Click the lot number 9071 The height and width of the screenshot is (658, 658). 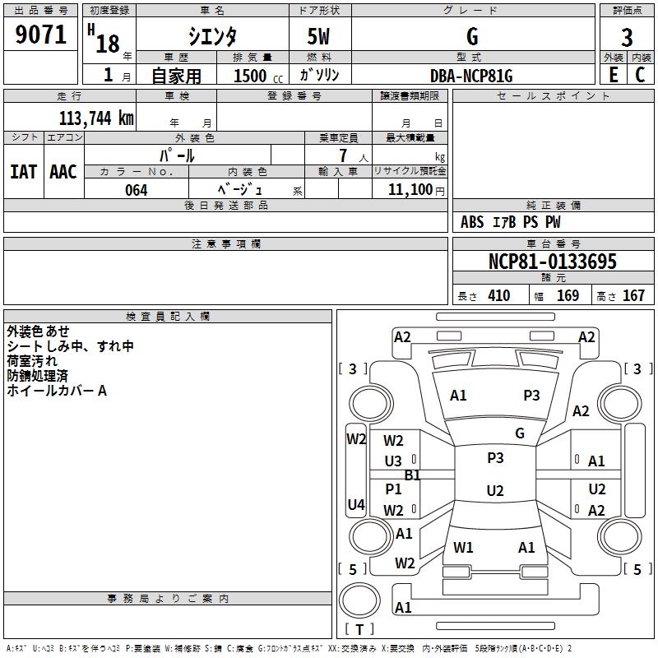40,35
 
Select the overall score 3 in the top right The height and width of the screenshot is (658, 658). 627,38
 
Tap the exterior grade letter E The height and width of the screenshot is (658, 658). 614,75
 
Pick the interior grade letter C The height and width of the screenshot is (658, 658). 640,75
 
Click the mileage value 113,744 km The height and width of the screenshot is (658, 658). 96,118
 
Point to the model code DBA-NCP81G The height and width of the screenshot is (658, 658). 471,76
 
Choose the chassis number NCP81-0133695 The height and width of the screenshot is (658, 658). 553,262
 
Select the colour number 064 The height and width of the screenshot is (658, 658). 137,190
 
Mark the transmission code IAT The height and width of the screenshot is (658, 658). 24,172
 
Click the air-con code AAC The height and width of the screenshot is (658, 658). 63,172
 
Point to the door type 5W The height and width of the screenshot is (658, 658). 318,36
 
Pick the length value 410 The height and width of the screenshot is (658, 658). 499,296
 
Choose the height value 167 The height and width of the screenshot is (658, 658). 633,296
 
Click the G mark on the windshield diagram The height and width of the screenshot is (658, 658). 520,433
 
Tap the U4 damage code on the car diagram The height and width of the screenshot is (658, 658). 356,504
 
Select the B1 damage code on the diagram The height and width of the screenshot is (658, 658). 413,475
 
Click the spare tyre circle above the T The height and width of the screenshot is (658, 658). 359,600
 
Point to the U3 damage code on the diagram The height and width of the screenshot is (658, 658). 393,461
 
